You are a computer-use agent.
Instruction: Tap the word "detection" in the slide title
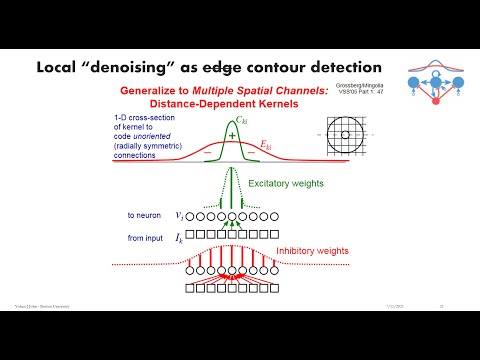[332, 68]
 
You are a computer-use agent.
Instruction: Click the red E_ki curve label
[265, 147]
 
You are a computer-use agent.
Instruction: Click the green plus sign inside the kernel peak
[232, 136]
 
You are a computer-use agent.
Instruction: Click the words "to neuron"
[142, 214]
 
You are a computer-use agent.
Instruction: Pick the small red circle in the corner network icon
[434, 100]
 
